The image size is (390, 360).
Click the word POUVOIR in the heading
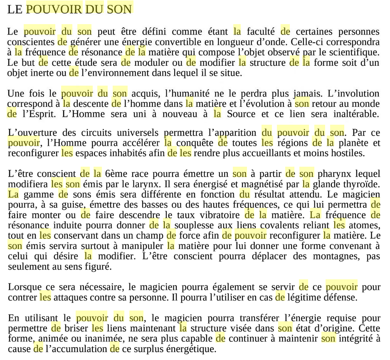coord(54,9)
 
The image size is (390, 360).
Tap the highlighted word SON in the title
coord(120,9)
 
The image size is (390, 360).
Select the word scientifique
coord(354,52)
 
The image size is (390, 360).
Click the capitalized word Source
coord(242,113)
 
